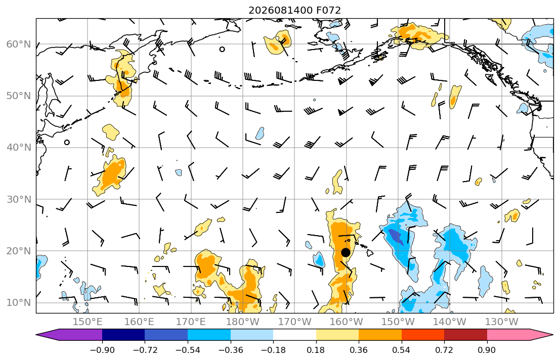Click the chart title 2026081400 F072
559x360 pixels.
294,10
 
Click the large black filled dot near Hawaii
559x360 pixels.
346,252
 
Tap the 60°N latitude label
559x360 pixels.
19,44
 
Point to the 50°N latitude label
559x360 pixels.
19,96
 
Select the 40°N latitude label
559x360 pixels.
19,148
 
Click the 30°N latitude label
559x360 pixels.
19,199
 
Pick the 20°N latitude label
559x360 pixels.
19,251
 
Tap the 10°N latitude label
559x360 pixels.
19,303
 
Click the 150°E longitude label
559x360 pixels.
88,322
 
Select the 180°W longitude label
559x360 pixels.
243,322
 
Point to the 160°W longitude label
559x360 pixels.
346,322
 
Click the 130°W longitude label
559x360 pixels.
502,322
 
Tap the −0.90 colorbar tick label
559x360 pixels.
102,350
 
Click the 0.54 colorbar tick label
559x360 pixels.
402,350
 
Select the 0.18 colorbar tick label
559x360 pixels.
316,350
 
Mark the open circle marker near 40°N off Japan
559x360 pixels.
67,143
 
